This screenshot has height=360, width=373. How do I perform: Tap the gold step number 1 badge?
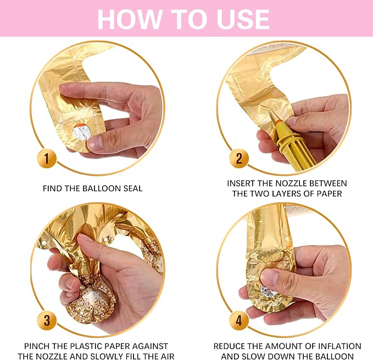click(47, 158)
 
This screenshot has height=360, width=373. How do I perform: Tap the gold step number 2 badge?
click(239, 158)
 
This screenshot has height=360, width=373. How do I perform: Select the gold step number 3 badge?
click(47, 320)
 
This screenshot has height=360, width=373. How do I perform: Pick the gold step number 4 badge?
click(239, 320)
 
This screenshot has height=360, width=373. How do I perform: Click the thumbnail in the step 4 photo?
click(269, 277)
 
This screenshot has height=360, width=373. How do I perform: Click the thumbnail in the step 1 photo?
click(94, 142)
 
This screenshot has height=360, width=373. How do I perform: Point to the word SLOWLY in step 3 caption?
click(107, 357)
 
